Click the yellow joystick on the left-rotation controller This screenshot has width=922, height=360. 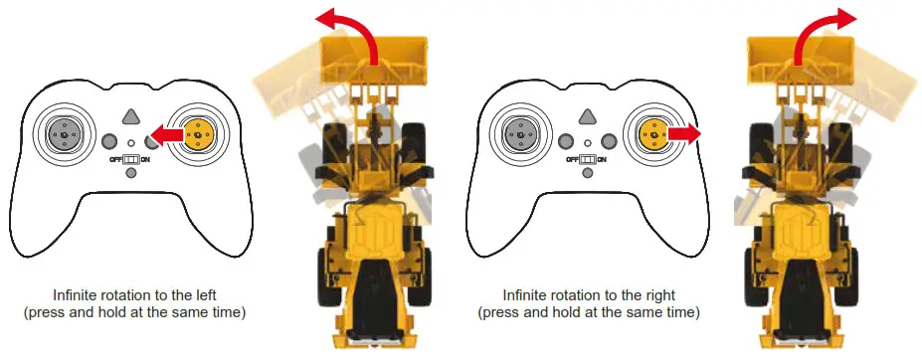coord(196,131)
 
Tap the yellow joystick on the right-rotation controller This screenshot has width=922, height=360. coord(651,131)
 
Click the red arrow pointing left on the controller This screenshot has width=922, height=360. coord(166,132)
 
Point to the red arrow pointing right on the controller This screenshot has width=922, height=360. coord(685,131)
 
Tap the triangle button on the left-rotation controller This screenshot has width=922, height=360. coord(130,116)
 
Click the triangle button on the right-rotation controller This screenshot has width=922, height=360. coord(587,116)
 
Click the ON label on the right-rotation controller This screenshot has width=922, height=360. coord(602,160)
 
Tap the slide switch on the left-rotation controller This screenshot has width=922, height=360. coord(130,159)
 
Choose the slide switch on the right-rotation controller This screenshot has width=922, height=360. coord(587,159)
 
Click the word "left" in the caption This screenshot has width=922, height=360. coord(195,295)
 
